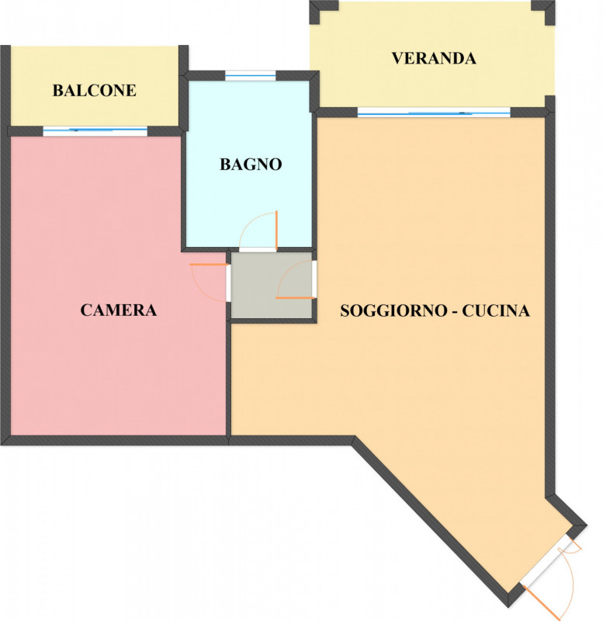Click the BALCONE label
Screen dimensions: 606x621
(x=94, y=91)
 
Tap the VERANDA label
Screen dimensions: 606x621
(x=434, y=58)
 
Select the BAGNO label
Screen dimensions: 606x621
(x=251, y=164)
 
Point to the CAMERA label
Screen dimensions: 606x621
(x=119, y=310)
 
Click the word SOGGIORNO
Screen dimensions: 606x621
(x=394, y=310)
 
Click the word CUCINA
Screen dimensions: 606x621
(x=496, y=310)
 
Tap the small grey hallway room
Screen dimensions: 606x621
(x=272, y=285)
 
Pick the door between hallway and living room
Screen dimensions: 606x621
(x=295, y=279)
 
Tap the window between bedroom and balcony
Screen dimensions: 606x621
(x=95, y=130)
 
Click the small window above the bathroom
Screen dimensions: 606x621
(x=251, y=75)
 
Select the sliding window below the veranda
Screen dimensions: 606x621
(x=435, y=113)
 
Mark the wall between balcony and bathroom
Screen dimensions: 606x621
(x=183, y=88)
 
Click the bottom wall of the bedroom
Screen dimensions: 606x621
(x=115, y=440)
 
